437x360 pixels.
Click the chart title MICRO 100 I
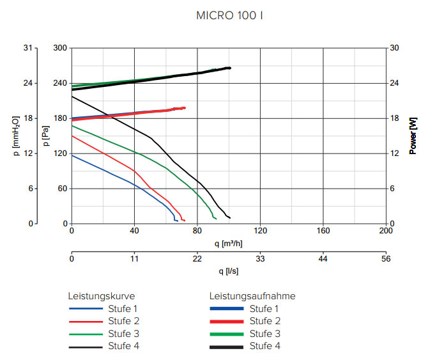[x=229, y=15]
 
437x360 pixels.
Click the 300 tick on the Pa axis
[x=60, y=48]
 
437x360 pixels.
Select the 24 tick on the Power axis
[x=394, y=83]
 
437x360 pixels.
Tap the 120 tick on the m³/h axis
[x=260, y=230]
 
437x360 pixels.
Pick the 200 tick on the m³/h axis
[x=385, y=230]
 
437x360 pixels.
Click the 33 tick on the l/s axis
[x=260, y=258]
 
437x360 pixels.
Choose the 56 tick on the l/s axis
[x=385, y=258]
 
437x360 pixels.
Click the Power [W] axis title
[x=413, y=136]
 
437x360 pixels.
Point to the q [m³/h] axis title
[x=229, y=242]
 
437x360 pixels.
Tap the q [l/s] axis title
[x=229, y=270]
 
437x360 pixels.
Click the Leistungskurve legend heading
[x=102, y=296]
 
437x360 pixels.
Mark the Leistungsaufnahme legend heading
[x=252, y=296]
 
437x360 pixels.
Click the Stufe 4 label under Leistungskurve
[x=124, y=346]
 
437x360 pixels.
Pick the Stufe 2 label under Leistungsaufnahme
[x=265, y=321]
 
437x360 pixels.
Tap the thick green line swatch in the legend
[x=226, y=334]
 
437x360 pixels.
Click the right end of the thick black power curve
[x=229, y=68]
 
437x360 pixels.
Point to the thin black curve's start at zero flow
[x=72, y=97]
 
